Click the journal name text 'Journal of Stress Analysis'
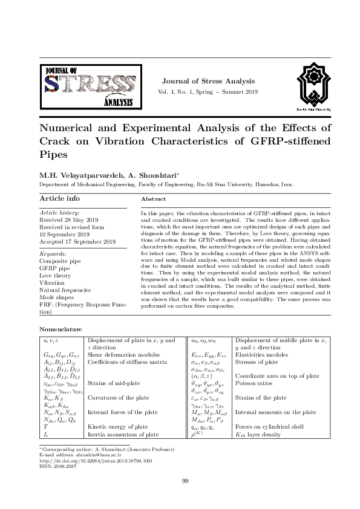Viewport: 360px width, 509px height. (206, 81)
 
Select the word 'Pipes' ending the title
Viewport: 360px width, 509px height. (53, 154)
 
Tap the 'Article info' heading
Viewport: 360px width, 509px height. (59, 198)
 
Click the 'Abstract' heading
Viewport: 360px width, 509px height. (153, 199)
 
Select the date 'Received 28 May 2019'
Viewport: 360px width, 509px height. (68, 220)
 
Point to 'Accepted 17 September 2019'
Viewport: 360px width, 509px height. (77, 242)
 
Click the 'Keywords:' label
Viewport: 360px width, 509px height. (53, 254)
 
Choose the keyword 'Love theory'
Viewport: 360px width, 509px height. (55, 276)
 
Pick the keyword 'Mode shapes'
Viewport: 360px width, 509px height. (56, 297)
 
